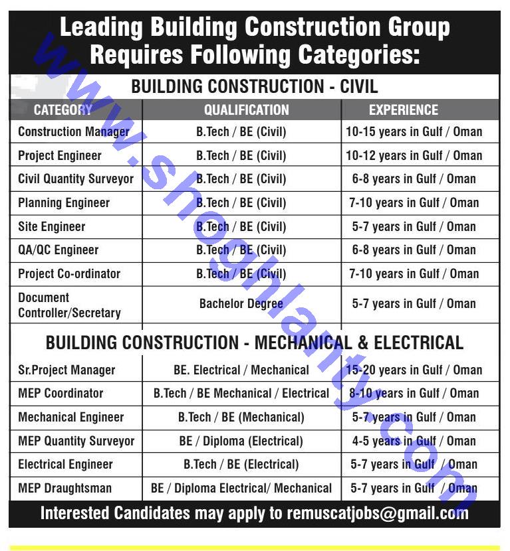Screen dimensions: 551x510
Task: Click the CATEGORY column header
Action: click(x=63, y=110)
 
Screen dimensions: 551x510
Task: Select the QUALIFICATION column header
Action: click(x=246, y=110)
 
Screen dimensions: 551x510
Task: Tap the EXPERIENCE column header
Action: click(x=404, y=110)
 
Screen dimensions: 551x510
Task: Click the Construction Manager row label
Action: click(x=73, y=131)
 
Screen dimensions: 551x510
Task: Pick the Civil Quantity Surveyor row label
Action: click(x=76, y=179)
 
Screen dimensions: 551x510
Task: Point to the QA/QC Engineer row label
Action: click(x=59, y=250)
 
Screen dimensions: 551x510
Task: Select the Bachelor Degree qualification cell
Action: click(x=241, y=304)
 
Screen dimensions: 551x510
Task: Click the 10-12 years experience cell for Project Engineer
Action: click(x=414, y=155)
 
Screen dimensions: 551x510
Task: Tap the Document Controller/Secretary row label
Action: click(x=69, y=305)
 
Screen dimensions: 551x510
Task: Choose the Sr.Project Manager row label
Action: click(x=66, y=370)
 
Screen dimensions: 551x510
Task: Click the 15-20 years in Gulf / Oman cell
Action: click(x=414, y=370)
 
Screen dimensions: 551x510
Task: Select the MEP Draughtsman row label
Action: click(x=65, y=489)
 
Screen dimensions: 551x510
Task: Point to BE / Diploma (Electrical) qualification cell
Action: click(x=241, y=441)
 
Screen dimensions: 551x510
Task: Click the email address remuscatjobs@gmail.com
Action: click(x=378, y=513)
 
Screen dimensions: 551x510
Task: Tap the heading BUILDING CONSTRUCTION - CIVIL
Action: click(x=255, y=86)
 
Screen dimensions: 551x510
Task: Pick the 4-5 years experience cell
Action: click(x=414, y=441)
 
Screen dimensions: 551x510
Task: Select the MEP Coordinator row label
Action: click(x=61, y=393)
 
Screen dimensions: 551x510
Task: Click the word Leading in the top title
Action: click(x=101, y=28)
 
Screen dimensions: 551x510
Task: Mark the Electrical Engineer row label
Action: click(x=65, y=465)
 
